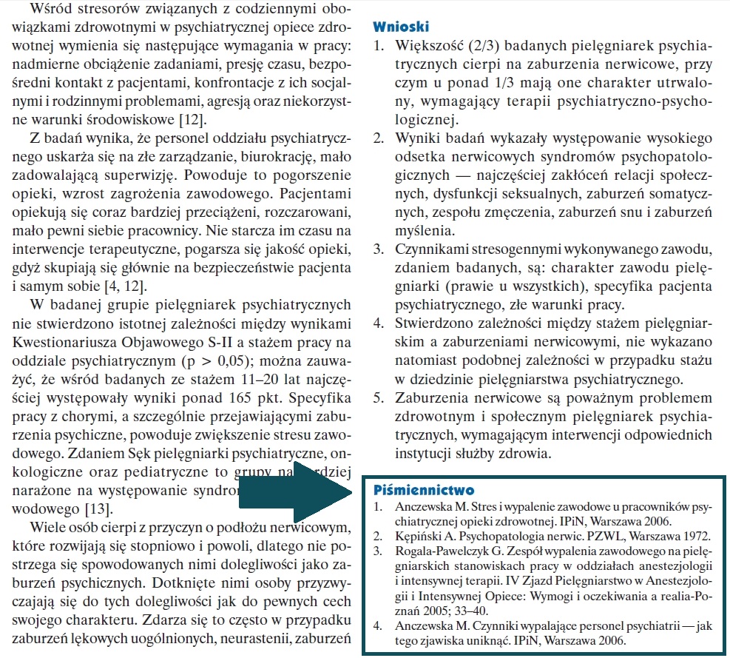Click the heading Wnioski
(x=402, y=27)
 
